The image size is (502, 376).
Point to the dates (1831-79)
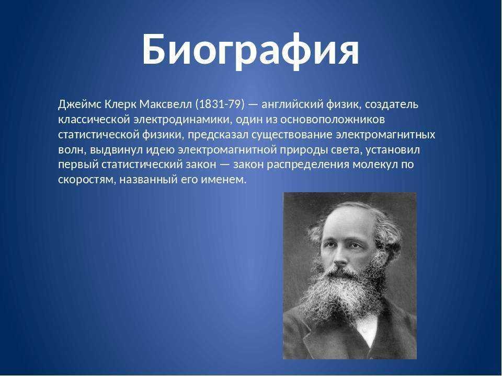pyautogui.click(x=220, y=104)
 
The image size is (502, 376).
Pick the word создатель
pyautogui.click(x=392, y=105)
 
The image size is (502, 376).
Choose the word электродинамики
pyautogui.click(x=182, y=120)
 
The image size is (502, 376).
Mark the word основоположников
pyautogui.click(x=333, y=120)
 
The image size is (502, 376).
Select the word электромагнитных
pyautogui.click(x=385, y=135)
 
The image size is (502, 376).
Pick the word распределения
pyautogui.click(x=309, y=165)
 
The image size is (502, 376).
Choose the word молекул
pyautogui.click(x=373, y=164)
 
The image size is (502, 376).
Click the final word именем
pyautogui.click(x=223, y=180)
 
